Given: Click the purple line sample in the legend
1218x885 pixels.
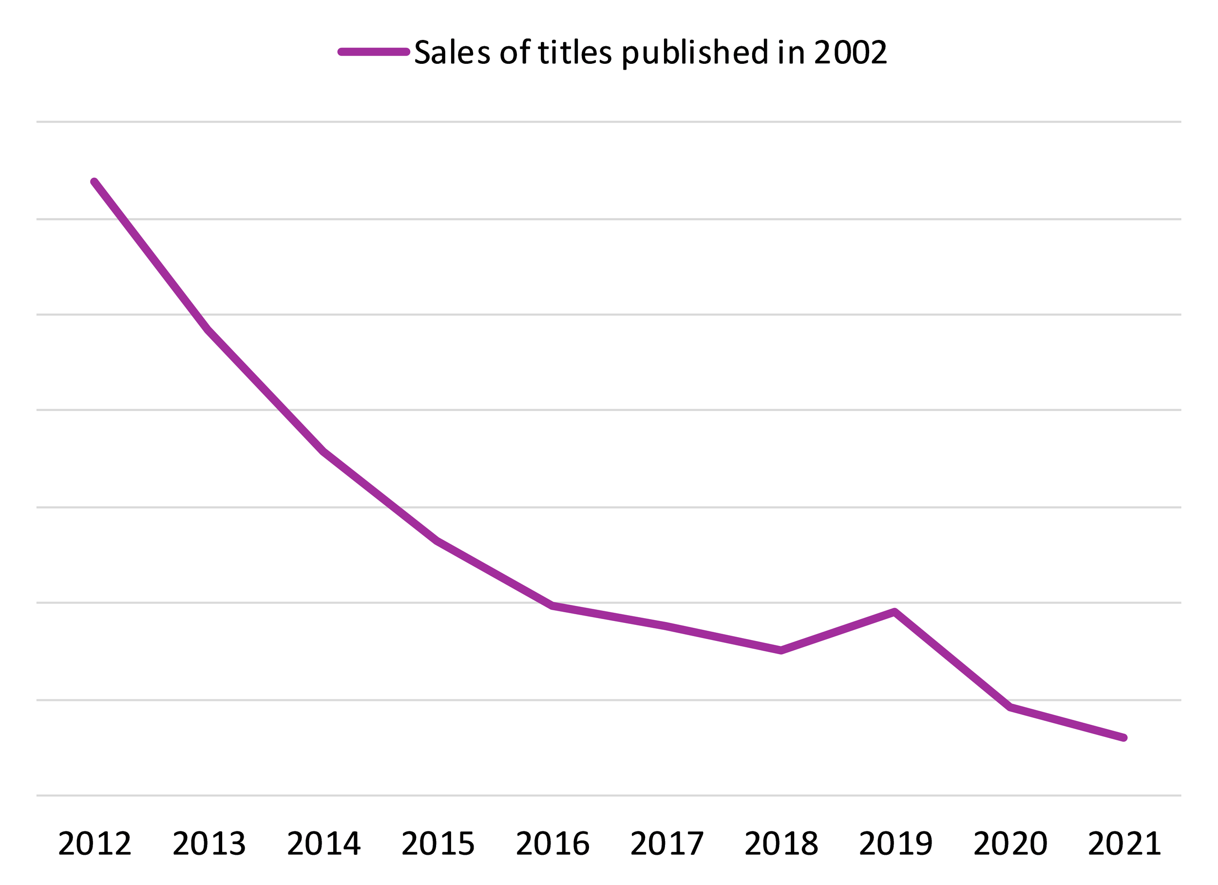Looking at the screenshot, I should pos(374,52).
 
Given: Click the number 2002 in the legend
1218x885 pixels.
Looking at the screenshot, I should pos(850,53).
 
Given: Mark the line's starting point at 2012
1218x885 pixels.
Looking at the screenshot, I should pos(95,182).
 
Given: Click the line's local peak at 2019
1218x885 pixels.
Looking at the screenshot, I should pos(894,612).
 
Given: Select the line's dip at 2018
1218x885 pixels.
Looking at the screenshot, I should pos(781,651).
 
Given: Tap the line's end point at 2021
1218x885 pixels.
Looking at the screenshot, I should pos(1124,738).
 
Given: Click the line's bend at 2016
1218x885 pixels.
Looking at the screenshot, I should pos(552,606).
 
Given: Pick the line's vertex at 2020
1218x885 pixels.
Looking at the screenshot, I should pos(1010,708).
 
